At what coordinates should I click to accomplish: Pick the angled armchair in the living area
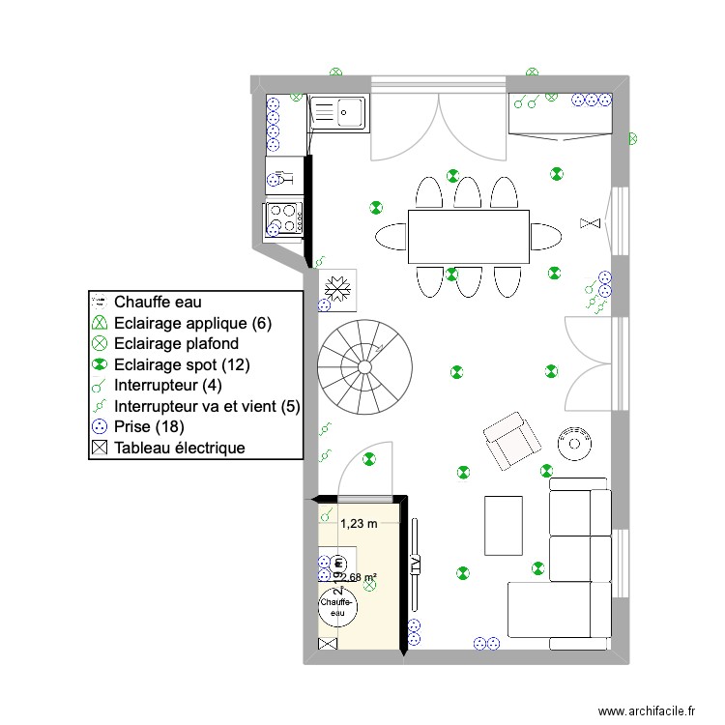tap(512, 442)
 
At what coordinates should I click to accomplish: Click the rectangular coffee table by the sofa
tap(503, 525)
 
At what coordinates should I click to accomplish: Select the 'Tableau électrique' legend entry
tap(178, 448)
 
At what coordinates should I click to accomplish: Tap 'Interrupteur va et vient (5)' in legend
tap(206, 406)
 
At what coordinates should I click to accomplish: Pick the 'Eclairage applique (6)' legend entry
tap(191, 323)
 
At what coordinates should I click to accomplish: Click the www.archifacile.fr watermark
tap(647, 710)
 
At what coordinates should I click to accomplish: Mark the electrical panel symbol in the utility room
tap(328, 643)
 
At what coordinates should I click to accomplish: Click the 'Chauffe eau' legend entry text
tap(158, 302)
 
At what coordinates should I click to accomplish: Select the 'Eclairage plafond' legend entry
tap(175, 343)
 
